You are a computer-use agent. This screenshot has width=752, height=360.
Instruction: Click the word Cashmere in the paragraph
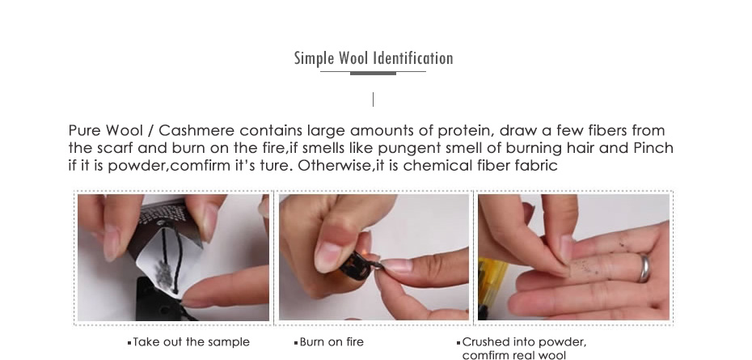click(196, 130)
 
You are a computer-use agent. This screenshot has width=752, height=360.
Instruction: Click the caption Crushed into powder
click(524, 342)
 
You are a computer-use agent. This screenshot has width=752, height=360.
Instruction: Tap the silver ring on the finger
click(644, 268)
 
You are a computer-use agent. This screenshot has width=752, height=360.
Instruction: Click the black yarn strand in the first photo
click(171, 259)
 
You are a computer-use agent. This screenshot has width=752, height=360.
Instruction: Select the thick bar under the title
click(373, 74)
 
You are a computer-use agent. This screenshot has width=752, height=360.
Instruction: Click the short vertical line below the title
click(373, 100)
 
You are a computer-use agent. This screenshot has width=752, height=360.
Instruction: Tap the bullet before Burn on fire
click(296, 343)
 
